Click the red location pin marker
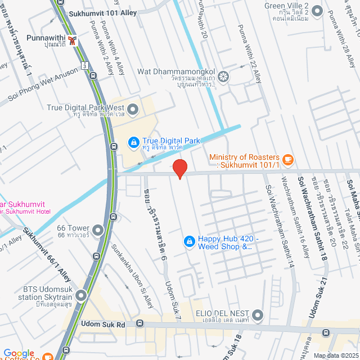click(179, 169)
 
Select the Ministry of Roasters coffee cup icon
click(287, 160)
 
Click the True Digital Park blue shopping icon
click(133, 142)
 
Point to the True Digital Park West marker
click(133, 109)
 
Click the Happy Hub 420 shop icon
click(190, 242)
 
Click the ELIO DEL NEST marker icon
click(258, 314)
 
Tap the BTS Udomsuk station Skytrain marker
click(82, 295)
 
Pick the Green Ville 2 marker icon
click(317, 10)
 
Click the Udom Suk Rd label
click(103, 324)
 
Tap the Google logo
click(18, 353)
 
